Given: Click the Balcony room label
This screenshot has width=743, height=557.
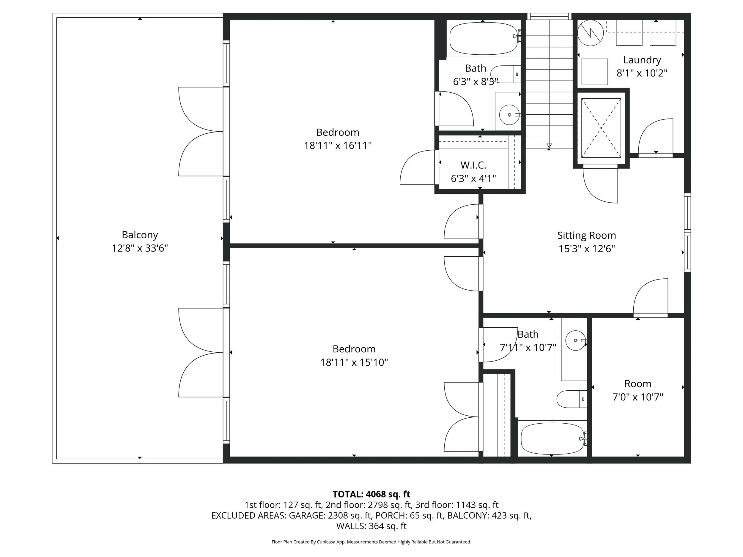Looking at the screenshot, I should click(x=140, y=235).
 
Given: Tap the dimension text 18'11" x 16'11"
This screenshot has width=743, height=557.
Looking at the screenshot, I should click(x=338, y=145).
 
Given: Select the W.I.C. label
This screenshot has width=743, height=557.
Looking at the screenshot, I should click(x=473, y=165).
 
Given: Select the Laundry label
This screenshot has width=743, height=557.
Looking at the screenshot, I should click(x=642, y=60).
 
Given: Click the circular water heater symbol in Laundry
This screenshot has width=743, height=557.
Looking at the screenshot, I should click(x=590, y=33).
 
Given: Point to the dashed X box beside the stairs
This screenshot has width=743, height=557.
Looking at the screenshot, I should click(x=601, y=128).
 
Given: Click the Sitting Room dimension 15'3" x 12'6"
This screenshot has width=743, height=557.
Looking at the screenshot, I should click(x=586, y=249).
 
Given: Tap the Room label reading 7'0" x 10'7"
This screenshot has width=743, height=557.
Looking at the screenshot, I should click(x=637, y=384).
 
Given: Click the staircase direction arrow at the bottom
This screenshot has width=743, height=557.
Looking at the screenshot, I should click(x=549, y=146).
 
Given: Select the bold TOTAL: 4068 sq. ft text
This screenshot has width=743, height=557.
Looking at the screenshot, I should click(x=371, y=494).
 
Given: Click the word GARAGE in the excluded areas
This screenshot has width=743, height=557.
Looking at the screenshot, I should click(x=307, y=515).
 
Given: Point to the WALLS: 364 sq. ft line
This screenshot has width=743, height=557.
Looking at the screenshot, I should click(x=371, y=526).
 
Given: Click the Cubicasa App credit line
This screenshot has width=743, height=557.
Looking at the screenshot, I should click(x=371, y=542).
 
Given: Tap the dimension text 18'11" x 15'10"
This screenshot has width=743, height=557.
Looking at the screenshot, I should click(x=354, y=362).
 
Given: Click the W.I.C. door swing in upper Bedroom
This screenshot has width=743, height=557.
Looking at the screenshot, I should click(x=416, y=168).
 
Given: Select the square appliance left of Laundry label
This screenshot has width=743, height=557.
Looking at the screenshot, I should click(x=594, y=72).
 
